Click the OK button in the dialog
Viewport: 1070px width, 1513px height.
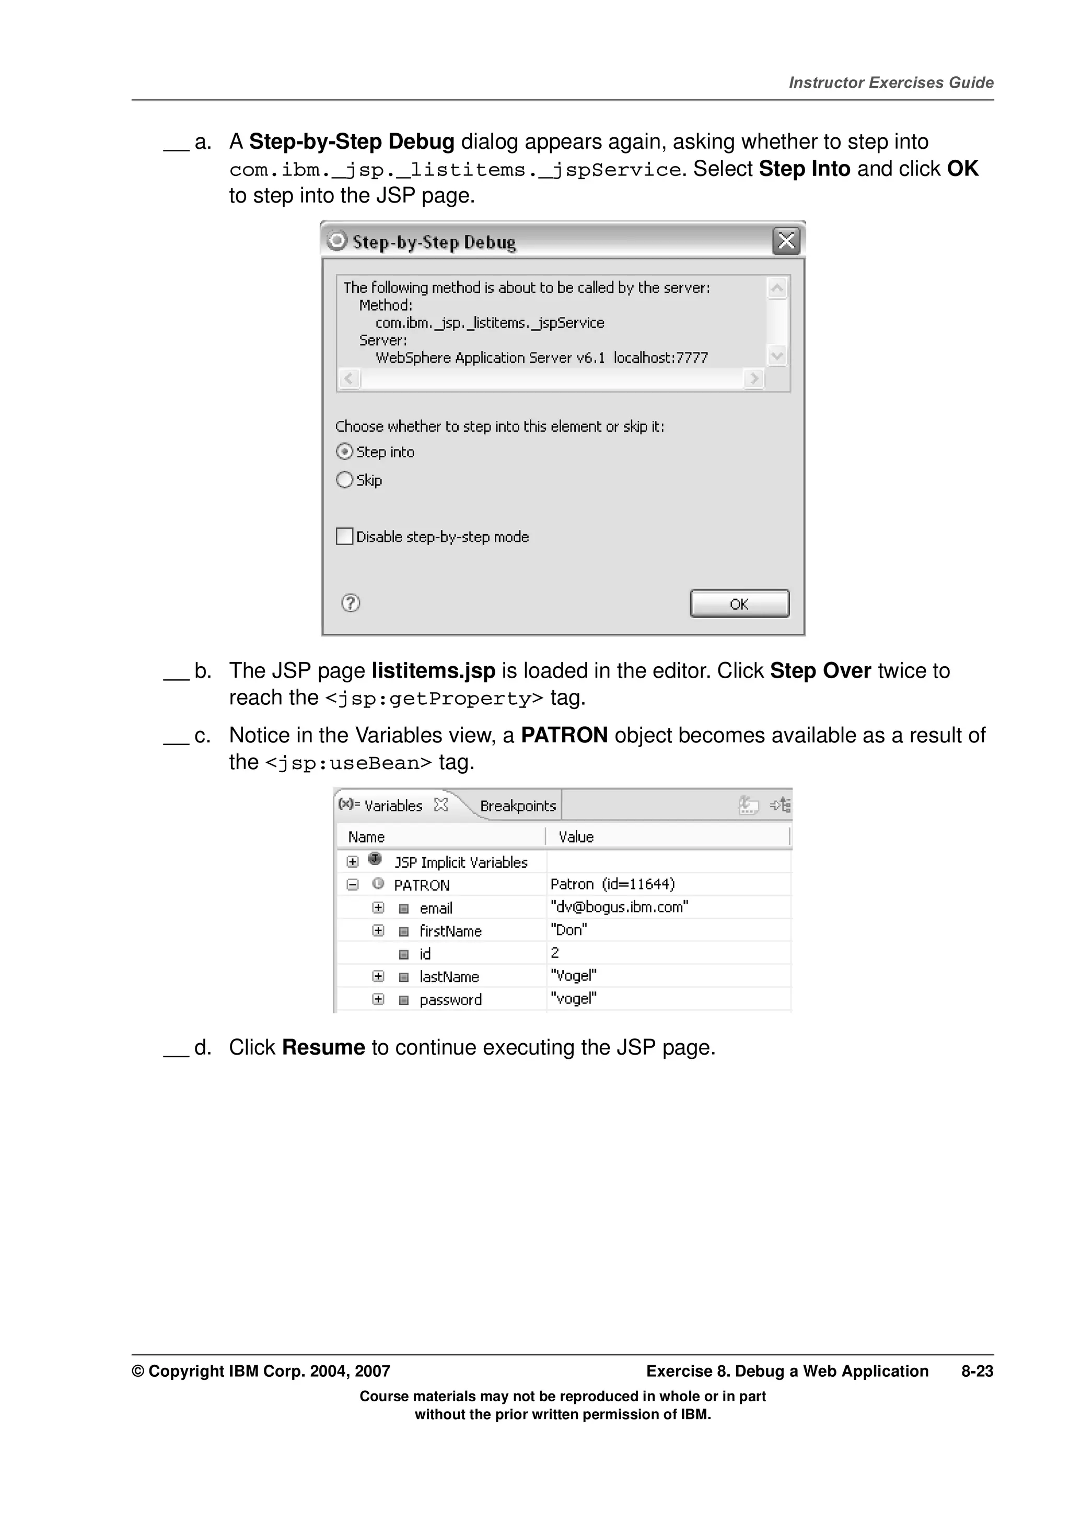click(x=739, y=604)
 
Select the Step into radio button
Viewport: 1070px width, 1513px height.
click(x=344, y=452)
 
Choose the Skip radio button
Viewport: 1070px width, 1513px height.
click(x=344, y=480)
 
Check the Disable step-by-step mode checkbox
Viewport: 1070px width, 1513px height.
click(x=344, y=536)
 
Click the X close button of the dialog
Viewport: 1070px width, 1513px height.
click(x=786, y=241)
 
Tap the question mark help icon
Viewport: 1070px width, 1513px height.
click(x=350, y=603)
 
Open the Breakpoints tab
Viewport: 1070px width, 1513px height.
click(x=518, y=806)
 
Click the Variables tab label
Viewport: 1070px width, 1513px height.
click(x=393, y=806)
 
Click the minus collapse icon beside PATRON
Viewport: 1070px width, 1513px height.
click(x=353, y=885)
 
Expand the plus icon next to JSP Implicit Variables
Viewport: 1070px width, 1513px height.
click(x=353, y=862)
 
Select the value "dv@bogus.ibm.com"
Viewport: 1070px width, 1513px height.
click(x=619, y=907)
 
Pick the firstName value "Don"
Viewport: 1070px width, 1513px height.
click(x=568, y=930)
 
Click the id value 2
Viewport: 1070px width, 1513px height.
click(x=555, y=953)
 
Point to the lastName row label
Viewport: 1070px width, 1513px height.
click(x=449, y=977)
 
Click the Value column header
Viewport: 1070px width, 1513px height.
click(x=576, y=837)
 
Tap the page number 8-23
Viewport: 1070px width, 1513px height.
click(x=976, y=1372)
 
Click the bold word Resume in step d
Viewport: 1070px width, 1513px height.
click(x=323, y=1048)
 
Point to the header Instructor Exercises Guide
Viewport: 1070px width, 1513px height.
click(x=891, y=83)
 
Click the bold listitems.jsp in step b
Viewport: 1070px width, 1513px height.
click(x=433, y=671)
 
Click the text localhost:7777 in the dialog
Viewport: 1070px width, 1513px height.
click(x=660, y=358)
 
